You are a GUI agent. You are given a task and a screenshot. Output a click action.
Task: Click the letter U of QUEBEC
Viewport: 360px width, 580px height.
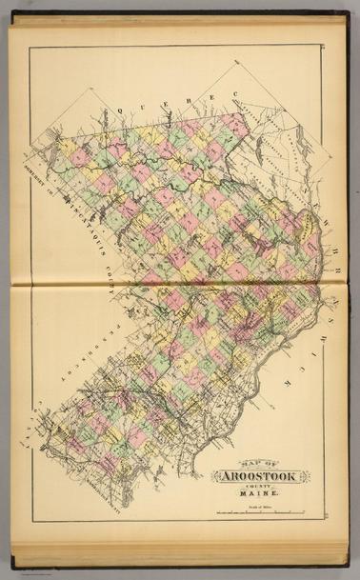(x=137, y=103)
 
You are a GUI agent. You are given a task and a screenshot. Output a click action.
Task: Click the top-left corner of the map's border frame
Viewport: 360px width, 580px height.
(x=29, y=45)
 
